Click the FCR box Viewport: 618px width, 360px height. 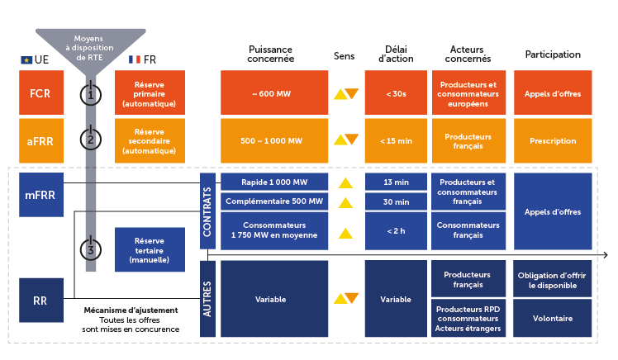coord(40,93)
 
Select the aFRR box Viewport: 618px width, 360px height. coord(40,140)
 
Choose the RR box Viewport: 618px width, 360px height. coord(40,301)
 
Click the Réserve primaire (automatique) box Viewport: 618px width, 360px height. coord(149,93)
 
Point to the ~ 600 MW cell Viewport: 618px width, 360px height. coord(271,93)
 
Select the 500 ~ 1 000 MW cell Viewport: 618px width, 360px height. coord(271,140)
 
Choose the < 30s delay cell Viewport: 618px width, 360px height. coord(395,93)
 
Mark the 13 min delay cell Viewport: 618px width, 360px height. coord(395,182)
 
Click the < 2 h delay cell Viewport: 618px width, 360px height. coord(395,230)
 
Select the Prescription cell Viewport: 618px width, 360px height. coord(553,140)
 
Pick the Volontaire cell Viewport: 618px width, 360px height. coord(553,318)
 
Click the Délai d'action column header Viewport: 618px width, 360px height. coord(395,54)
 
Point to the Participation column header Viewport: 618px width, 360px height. coord(553,54)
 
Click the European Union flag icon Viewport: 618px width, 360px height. coord(26,59)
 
